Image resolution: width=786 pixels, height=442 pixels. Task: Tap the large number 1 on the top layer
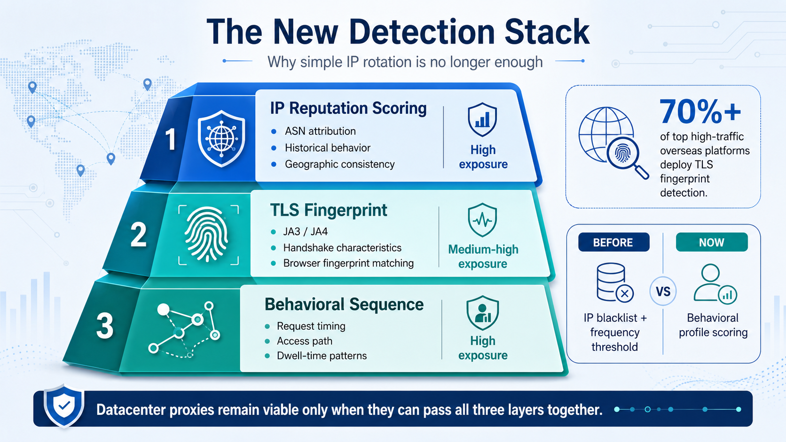[x=171, y=140]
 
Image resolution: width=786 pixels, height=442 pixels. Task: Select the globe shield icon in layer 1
[x=221, y=139]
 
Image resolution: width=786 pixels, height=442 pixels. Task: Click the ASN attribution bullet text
[x=320, y=131]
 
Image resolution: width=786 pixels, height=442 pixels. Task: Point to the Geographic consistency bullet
[x=339, y=164]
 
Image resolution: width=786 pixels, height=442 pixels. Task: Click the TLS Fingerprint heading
[x=329, y=210]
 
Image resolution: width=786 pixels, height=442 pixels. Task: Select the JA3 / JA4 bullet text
[x=305, y=232]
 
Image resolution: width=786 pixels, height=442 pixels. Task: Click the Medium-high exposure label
[x=483, y=256]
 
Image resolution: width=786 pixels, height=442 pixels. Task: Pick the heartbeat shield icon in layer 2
[x=482, y=220]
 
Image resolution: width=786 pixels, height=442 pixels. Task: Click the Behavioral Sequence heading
[x=344, y=304]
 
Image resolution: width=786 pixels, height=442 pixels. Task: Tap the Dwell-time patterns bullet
[x=322, y=356]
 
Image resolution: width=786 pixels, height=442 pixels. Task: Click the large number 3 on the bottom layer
[x=105, y=326]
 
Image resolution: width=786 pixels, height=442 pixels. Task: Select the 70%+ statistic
[x=700, y=112]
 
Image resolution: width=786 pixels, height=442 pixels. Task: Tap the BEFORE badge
[x=614, y=242]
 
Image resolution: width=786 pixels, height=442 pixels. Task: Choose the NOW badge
[x=712, y=242]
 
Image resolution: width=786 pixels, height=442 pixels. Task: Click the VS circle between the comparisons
[x=663, y=291]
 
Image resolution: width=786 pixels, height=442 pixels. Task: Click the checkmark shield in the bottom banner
[x=64, y=406]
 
